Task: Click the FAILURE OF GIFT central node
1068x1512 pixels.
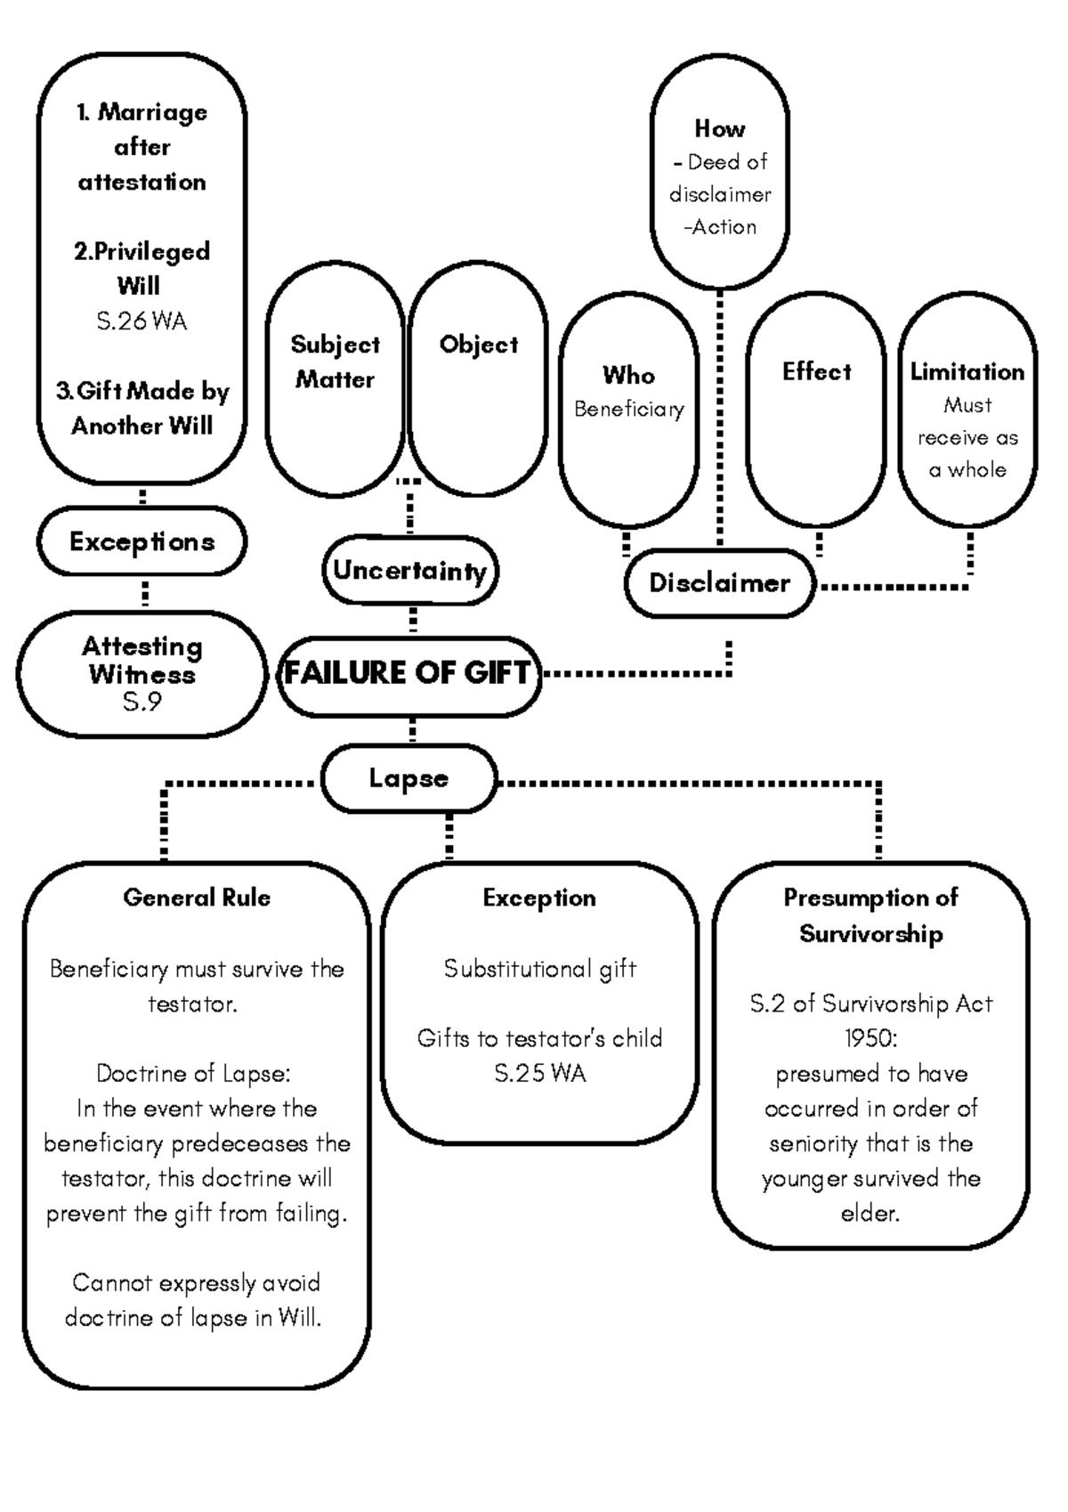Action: (x=409, y=674)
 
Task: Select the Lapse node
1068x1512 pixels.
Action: (x=409, y=778)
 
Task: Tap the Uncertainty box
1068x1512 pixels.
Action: (x=409, y=571)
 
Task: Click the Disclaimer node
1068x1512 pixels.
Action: (x=719, y=583)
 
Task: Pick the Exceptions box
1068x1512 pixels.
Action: (x=142, y=541)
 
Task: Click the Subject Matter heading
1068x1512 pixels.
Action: (x=336, y=362)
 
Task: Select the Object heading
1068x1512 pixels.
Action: (x=479, y=345)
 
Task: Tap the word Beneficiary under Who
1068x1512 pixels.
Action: (x=628, y=410)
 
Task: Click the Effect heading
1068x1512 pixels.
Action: (x=816, y=371)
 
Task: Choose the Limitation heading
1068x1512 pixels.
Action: (x=967, y=371)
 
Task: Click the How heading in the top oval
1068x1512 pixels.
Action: (x=719, y=129)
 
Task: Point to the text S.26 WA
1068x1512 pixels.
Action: (x=142, y=321)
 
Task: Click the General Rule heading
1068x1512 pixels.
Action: (x=197, y=898)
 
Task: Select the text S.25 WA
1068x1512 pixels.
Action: (x=539, y=1074)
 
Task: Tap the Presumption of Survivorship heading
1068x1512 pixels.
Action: (x=870, y=915)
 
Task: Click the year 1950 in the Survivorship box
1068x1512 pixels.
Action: (x=870, y=1039)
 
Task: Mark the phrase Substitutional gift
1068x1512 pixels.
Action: (x=539, y=969)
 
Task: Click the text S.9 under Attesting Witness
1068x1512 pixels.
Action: (x=142, y=703)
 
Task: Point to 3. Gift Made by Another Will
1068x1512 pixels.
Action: (x=142, y=409)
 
